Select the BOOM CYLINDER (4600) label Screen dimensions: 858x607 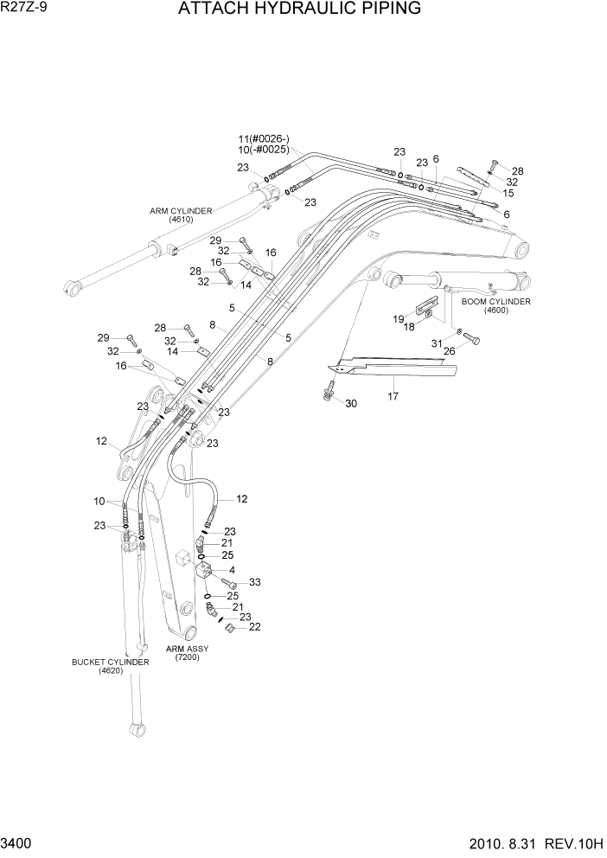(495, 305)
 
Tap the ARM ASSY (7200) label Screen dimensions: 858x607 (187, 653)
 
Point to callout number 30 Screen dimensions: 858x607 (350, 404)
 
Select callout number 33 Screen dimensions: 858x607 (254, 582)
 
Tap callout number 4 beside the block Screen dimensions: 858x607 (231, 570)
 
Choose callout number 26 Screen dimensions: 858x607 (450, 350)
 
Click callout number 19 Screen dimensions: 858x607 (399, 319)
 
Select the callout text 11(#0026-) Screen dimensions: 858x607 (265, 139)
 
